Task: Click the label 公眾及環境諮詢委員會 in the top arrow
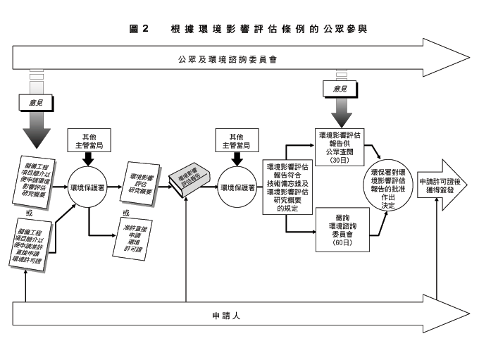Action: [226, 59]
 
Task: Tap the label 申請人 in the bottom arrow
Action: [227, 315]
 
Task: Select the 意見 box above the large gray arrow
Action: [35, 101]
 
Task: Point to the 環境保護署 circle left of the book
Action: [89, 188]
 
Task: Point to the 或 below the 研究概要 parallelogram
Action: [126, 212]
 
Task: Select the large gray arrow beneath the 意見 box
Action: [35, 130]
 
